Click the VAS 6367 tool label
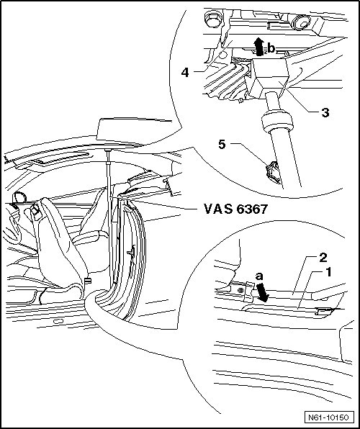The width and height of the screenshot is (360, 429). (235, 209)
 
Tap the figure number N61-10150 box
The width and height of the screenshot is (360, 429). (328, 417)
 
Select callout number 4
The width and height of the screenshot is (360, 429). (185, 73)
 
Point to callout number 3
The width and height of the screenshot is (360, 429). (325, 113)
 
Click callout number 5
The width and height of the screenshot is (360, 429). (222, 145)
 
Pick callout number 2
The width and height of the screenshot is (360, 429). (323, 258)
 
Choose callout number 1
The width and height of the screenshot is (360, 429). (328, 272)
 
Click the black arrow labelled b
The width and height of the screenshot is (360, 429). (258, 47)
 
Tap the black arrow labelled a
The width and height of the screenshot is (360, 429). (263, 292)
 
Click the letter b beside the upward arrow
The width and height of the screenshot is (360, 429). (271, 49)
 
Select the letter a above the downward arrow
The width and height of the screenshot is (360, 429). (259, 276)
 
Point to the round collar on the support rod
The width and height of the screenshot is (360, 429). (277, 122)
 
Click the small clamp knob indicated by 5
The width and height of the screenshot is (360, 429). (272, 172)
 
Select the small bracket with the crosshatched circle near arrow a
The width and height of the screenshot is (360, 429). (241, 291)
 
